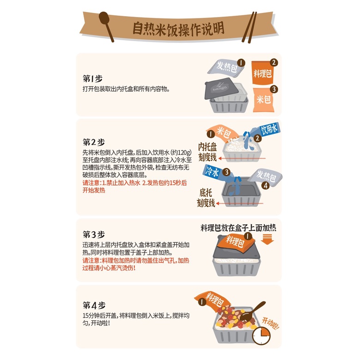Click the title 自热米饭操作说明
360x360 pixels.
[179, 29]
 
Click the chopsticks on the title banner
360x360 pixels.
[249, 27]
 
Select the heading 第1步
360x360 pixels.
[92, 78]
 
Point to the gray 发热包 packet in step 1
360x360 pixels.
[226, 67]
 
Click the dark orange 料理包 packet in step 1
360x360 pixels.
[263, 73]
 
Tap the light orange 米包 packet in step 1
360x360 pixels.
[264, 100]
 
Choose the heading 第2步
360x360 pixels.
[94, 142]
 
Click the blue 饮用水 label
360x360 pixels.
[270, 129]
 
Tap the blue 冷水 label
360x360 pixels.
[211, 172]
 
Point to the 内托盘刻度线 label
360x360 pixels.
[208, 152]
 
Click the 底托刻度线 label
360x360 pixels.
[206, 198]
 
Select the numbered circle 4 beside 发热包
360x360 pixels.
[266, 185]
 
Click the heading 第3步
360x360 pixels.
[94, 234]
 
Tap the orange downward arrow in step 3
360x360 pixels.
[267, 239]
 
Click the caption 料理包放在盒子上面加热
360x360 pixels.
[238, 228]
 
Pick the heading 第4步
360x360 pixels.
[94, 306]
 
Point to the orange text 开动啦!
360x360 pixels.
[271, 324]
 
